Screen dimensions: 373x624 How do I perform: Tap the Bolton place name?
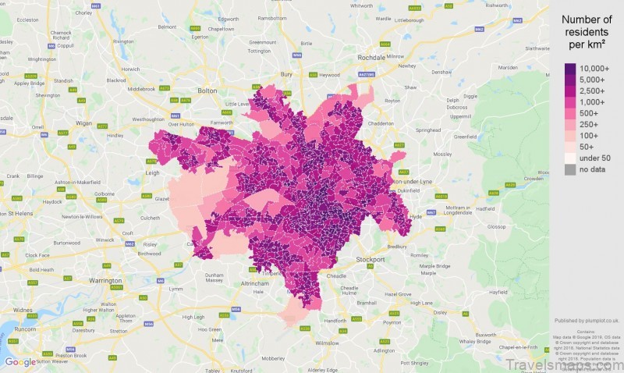207,91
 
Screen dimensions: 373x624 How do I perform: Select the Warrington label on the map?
105,279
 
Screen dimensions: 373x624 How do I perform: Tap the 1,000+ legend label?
595,101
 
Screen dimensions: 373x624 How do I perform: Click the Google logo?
19,362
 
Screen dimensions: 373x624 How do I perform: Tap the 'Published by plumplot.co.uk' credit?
587,320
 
